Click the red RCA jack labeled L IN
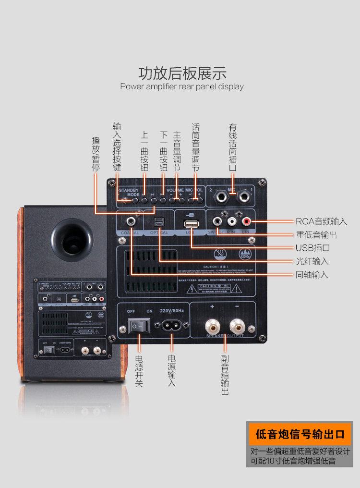(x=247, y=221)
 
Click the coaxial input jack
(x=131, y=222)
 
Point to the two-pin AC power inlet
(x=171, y=326)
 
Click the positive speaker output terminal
(x=212, y=328)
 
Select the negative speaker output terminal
(x=237, y=328)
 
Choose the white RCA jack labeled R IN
(x=232, y=221)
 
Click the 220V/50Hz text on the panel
(x=171, y=311)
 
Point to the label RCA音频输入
(x=321, y=221)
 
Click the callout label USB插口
(x=312, y=248)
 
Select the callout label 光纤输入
(x=312, y=261)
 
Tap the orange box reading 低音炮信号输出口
(x=300, y=434)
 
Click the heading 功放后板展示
(x=182, y=73)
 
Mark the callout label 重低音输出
(x=316, y=235)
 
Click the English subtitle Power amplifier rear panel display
(x=182, y=87)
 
